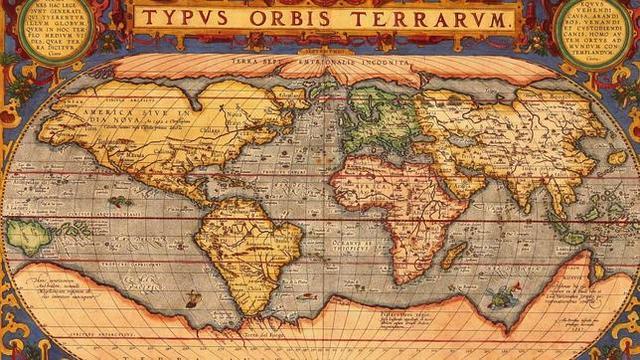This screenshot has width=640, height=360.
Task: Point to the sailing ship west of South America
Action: pyautogui.click(x=193, y=297)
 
